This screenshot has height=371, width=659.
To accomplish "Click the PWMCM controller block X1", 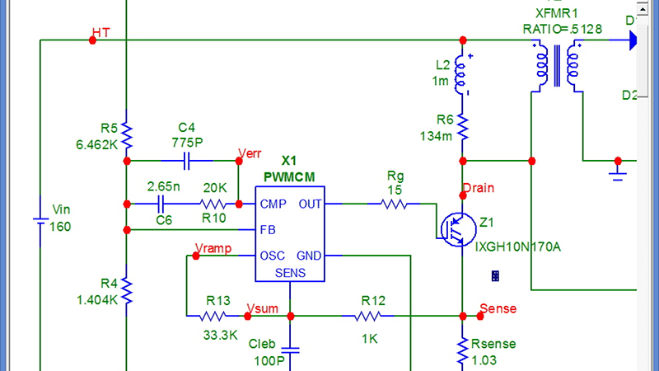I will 288,229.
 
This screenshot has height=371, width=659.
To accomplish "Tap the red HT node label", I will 102,32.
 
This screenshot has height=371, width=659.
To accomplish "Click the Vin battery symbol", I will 40,220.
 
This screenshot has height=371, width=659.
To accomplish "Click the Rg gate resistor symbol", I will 394,204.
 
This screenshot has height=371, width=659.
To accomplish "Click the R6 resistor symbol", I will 463,127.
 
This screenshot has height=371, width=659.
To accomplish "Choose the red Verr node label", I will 250,153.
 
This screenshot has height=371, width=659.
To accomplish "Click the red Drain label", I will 479,188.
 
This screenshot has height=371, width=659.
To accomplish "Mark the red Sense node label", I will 498,309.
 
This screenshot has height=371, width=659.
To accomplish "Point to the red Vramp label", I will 213,248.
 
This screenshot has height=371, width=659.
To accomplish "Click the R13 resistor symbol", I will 214,316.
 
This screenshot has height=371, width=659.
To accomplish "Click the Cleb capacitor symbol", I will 290,349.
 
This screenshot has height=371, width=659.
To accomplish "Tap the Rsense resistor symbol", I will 463,350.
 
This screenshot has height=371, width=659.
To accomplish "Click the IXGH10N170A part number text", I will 517,245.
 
